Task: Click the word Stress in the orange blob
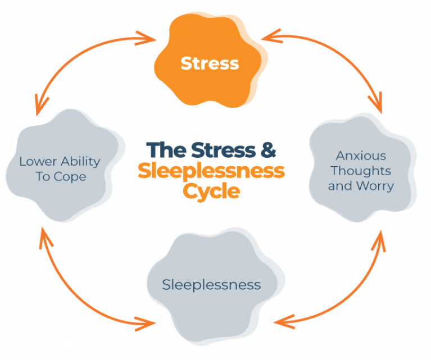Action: click(x=210, y=63)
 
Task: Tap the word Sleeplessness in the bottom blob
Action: click(x=211, y=285)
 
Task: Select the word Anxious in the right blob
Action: click(x=361, y=156)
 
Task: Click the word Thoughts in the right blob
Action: click(x=361, y=170)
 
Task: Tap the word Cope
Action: click(x=73, y=176)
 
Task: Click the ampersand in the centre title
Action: click(x=268, y=150)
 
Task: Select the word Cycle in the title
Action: click(x=211, y=190)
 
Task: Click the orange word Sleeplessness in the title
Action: click(x=211, y=170)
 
